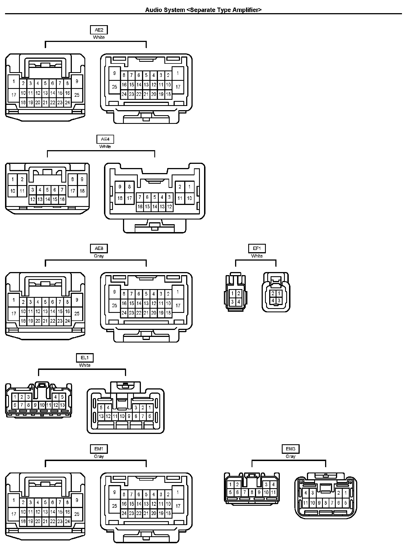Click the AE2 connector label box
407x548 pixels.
(x=99, y=30)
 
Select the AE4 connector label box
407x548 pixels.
(x=105, y=139)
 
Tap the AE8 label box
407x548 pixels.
(x=99, y=249)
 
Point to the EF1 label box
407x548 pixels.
(x=257, y=249)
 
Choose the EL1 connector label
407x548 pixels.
(x=85, y=358)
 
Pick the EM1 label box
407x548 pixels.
(x=99, y=449)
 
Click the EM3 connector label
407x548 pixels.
(x=290, y=449)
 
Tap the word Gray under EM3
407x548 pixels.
(x=290, y=457)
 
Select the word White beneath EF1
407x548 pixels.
(x=257, y=256)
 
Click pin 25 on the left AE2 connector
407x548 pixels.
(x=77, y=95)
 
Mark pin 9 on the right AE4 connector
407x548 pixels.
(x=120, y=187)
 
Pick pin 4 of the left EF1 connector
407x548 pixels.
(x=238, y=302)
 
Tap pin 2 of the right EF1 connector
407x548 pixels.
(x=273, y=294)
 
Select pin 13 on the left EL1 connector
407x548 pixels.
(x=62, y=405)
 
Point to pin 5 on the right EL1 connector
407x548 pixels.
(x=101, y=408)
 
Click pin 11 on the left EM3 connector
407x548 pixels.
(x=273, y=493)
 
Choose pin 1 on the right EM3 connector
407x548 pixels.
(x=346, y=493)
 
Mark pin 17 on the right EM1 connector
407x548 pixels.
(x=178, y=506)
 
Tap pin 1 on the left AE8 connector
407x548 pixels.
(x=14, y=300)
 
